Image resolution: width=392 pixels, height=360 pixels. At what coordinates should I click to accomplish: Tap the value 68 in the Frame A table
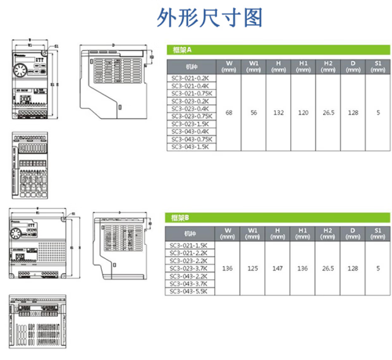coord(228,113)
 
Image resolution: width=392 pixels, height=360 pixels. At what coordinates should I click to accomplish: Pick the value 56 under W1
coord(254,113)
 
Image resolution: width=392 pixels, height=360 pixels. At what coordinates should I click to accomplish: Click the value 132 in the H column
coord(278,113)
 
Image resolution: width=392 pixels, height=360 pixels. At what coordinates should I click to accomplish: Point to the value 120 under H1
coord(303,113)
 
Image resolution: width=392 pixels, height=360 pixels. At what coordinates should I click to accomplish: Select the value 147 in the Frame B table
coord(278,268)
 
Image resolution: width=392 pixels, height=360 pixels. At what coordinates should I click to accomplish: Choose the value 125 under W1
coord(253,268)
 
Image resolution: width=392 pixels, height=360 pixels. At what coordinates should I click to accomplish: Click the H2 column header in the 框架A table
coord(328,66)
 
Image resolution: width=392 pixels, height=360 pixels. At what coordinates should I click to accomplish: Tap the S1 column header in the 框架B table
coord(377,233)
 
